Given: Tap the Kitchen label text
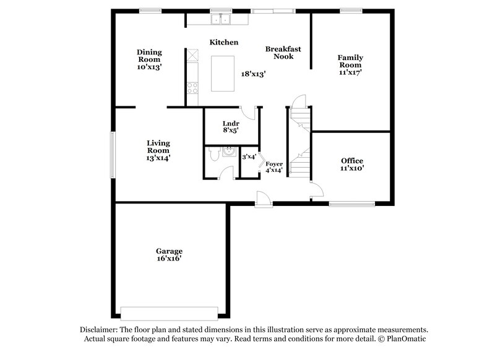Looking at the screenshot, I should (224, 42).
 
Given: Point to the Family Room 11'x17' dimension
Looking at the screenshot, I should (350, 72).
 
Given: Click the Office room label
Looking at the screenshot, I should (352, 161).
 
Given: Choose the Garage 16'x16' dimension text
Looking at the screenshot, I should (168, 259).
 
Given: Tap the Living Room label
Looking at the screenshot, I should (158, 147).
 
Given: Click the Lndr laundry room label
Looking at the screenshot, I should (230, 122).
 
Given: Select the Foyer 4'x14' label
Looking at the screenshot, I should (274, 164).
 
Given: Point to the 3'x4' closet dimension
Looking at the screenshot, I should (249, 157).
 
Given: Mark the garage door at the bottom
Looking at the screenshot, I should (168, 311).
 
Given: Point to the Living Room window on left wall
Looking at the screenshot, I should (112, 152).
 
